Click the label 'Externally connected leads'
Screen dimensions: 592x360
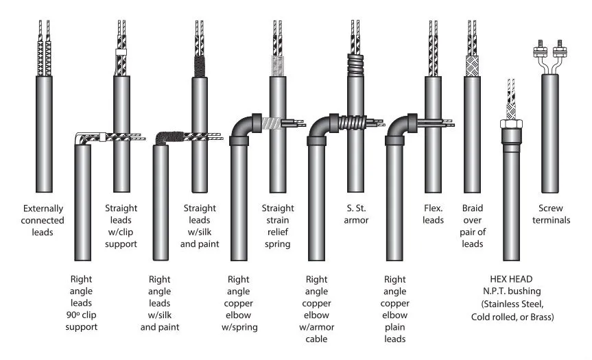click(x=43, y=220)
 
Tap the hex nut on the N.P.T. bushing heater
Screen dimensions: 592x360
click(x=511, y=124)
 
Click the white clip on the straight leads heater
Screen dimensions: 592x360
click(x=121, y=52)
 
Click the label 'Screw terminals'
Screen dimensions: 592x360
click(x=551, y=214)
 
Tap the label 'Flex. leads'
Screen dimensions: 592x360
click(x=433, y=214)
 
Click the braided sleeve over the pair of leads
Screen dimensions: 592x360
click(x=472, y=66)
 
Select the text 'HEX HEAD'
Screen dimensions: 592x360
click(x=511, y=279)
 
